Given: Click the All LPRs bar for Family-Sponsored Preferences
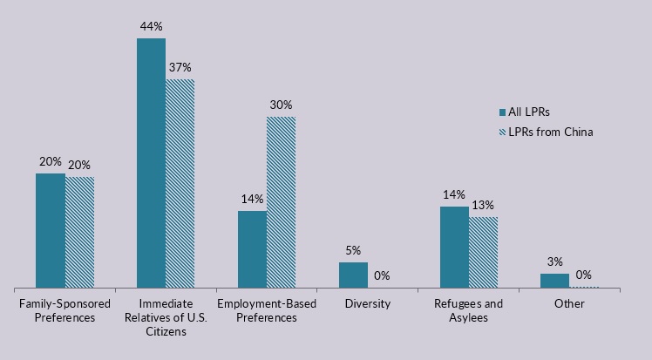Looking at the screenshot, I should (x=50, y=230).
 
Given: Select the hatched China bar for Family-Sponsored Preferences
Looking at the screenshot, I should (x=79, y=232).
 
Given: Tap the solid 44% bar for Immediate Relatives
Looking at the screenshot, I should (x=151, y=163).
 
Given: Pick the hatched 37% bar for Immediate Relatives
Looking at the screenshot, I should (x=180, y=183).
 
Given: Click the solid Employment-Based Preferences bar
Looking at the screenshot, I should (x=252, y=249).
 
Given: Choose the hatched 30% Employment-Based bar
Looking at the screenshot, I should (x=282, y=202).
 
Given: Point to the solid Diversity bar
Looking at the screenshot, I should (x=353, y=275).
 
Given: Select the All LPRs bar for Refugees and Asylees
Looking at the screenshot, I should (x=454, y=247).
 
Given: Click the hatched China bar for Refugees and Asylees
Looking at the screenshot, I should (x=484, y=252).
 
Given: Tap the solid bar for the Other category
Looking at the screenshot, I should (x=554, y=281).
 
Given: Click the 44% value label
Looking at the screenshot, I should (x=152, y=27).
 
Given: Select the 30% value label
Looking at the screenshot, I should (x=281, y=105).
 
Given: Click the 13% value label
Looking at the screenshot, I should (x=484, y=206).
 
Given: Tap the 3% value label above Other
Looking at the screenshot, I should (x=554, y=262).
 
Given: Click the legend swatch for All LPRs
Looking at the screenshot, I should (x=502, y=112).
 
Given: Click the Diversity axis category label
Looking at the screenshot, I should (x=367, y=303).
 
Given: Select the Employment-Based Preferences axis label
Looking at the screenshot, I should (x=266, y=310).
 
